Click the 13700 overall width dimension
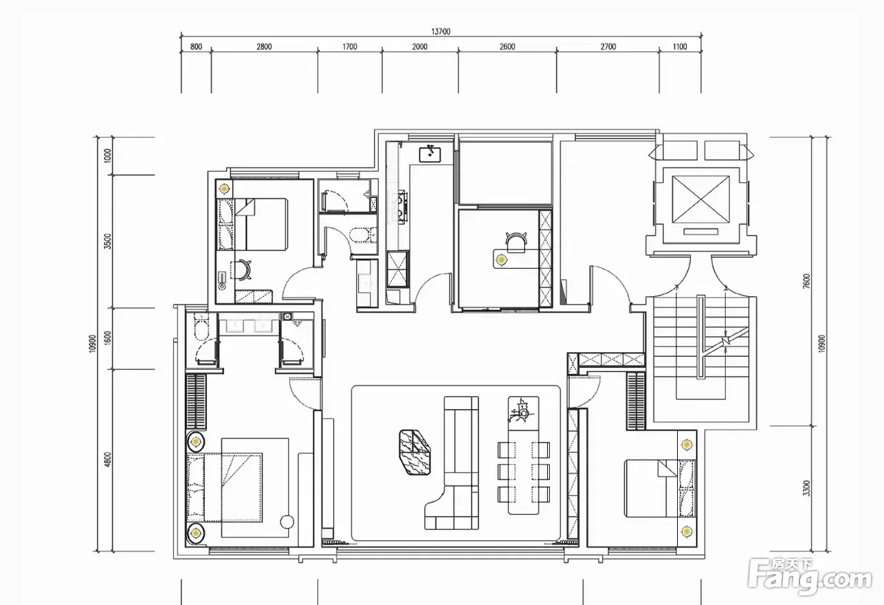pos(441,32)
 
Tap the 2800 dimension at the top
pos(264,47)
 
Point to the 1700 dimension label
pos(350,47)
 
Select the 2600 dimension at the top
pos(507,47)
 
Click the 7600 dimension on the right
pos(806,281)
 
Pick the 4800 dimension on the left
pos(108,459)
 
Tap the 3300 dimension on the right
pos(806,488)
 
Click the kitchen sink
pos(430,153)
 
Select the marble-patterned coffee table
pos(415,452)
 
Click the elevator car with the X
pos(700,199)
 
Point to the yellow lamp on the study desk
pos(501,260)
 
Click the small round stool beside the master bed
pos(287,522)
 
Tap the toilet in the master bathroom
pos(201,327)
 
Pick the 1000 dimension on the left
pos(108,155)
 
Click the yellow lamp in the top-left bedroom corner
pos(224,189)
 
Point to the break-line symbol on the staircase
pos(726,340)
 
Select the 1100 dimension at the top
pos(680,47)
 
